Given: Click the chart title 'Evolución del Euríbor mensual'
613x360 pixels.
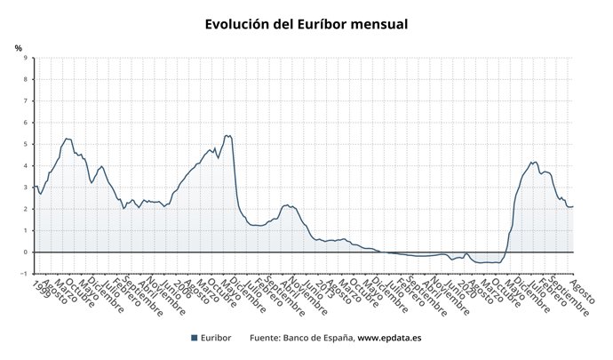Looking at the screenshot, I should [306, 24].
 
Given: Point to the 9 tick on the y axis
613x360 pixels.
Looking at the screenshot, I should [25, 58].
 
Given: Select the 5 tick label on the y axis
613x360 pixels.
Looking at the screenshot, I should [25, 144].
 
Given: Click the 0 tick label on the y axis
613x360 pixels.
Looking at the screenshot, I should [25, 252].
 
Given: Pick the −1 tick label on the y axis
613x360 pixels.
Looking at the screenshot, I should [23, 274].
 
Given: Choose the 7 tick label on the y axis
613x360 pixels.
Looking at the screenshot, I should [25, 101].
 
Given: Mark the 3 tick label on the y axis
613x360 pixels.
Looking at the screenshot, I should [25, 188].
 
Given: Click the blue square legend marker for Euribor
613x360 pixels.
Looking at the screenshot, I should [194, 338].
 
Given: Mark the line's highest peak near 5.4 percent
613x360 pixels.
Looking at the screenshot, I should [227, 136].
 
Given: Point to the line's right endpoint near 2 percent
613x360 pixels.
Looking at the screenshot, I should [573, 206].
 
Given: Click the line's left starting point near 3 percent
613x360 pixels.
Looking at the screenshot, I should [35, 186].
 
